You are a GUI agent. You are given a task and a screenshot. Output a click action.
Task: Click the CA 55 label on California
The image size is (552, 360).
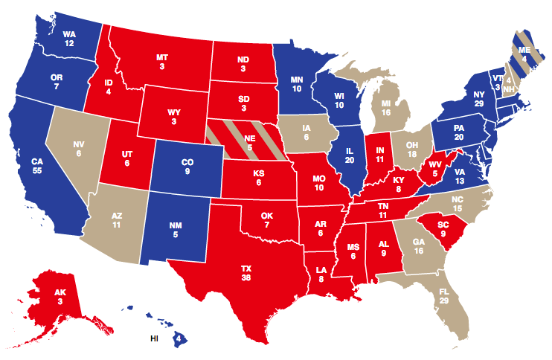pos(37,166)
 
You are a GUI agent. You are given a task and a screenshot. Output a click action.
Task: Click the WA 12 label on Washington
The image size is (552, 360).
pos(69,39)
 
